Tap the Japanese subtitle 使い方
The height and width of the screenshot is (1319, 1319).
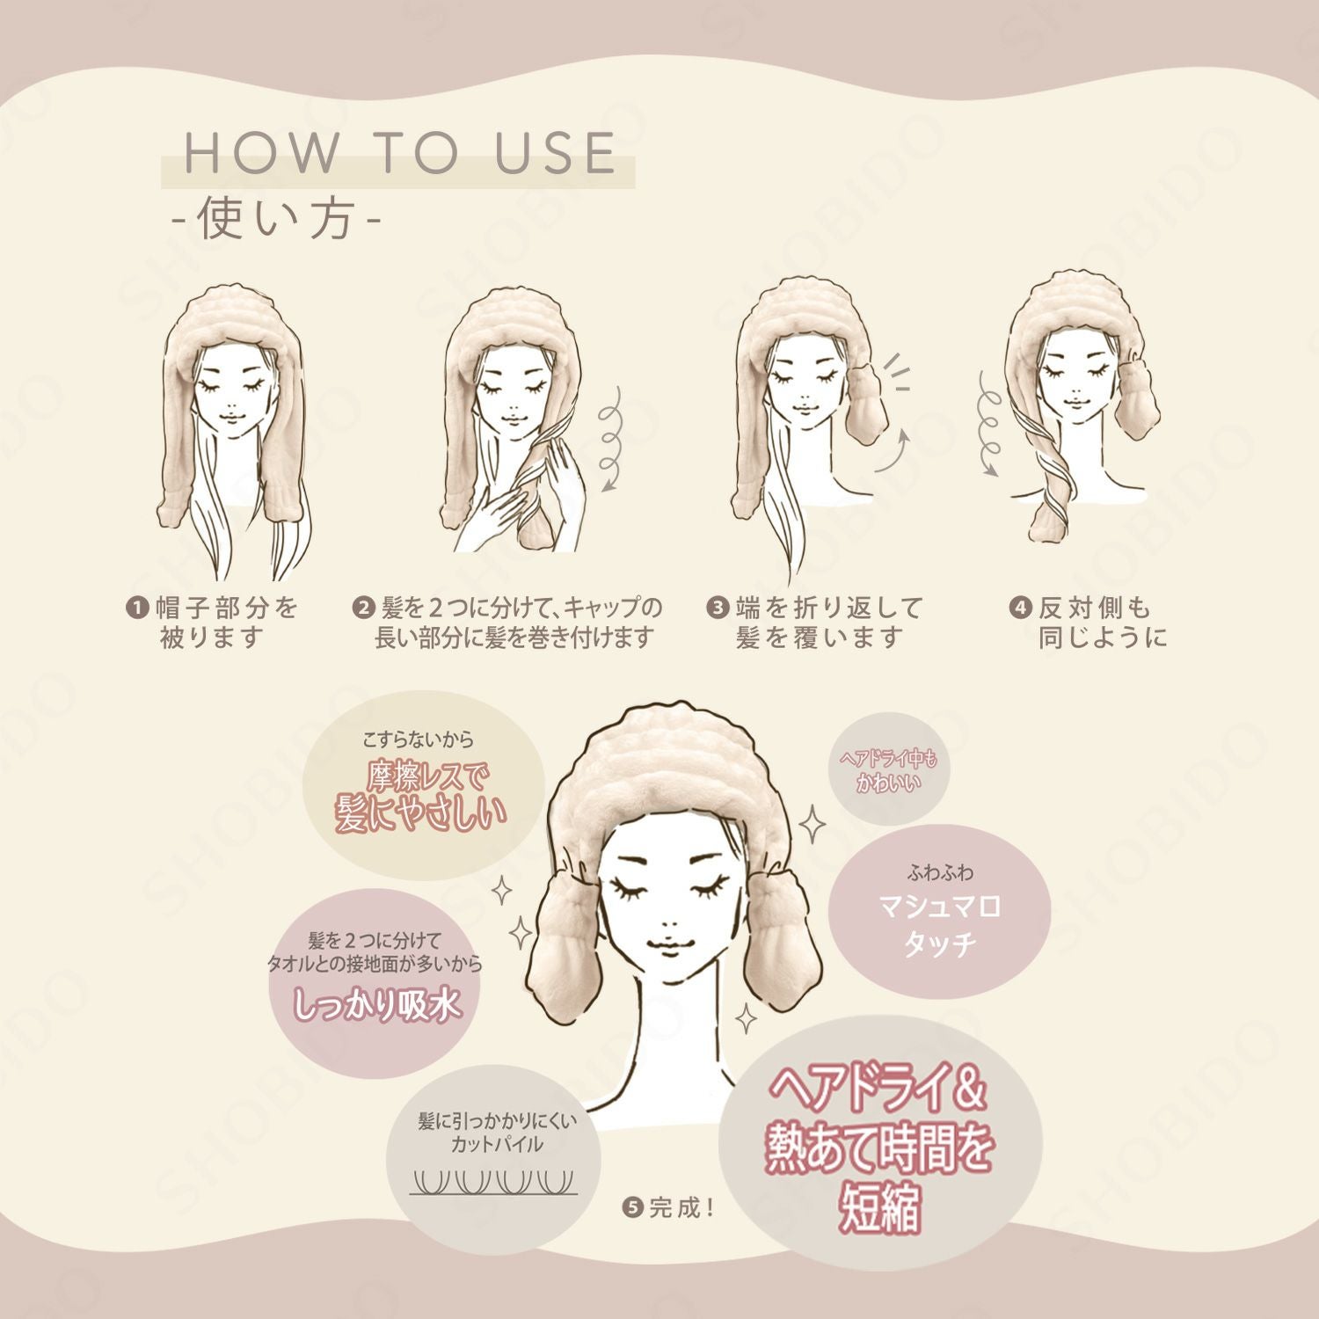click(275, 219)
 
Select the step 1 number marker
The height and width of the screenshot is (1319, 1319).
click(137, 608)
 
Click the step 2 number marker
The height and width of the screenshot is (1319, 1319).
click(362, 608)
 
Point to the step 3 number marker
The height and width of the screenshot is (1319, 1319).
click(718, 608)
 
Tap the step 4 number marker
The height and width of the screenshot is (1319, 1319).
click(1020, 608)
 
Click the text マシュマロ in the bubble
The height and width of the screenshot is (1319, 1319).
click(940, 906)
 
